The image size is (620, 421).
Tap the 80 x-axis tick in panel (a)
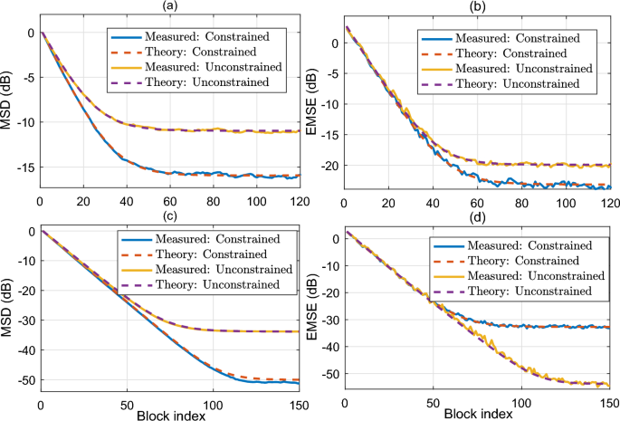[x=214, y=201]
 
